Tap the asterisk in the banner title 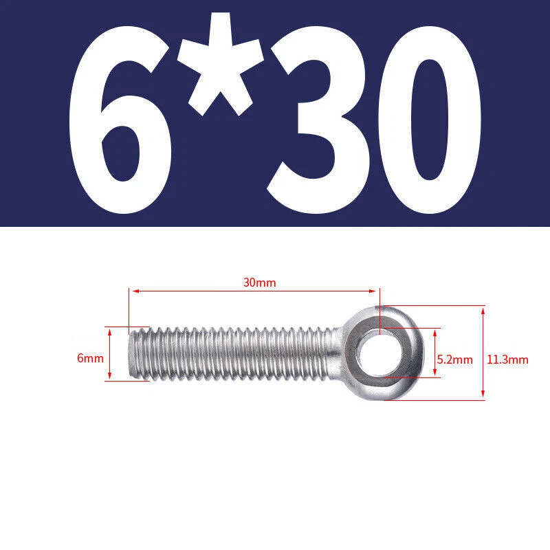tap(220, 65)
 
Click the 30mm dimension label tap(260, 283)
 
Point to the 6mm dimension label tap(90, 358)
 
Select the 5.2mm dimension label tap(454, 360)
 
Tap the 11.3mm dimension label tap(507, 360)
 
